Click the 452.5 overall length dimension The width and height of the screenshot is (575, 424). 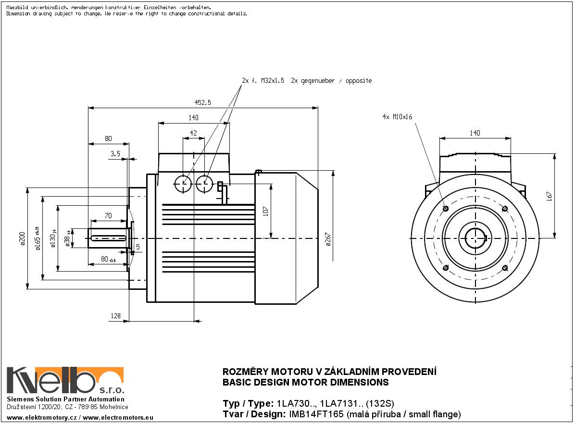point(203,102)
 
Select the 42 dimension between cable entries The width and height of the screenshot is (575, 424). point(193,133)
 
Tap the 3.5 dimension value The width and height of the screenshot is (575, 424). point(115,154)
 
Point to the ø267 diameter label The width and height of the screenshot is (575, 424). point(328,239)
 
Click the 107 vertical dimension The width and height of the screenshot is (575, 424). point(265,211)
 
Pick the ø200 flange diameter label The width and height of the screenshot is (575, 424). point(22,238)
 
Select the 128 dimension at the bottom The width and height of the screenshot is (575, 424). point(115,316)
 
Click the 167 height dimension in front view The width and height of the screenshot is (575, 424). point(550,196)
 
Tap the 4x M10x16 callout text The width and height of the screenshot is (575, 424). point(398,117)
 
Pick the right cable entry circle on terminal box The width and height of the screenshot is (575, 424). point(205,183)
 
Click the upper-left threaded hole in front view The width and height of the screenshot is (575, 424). point(446,208)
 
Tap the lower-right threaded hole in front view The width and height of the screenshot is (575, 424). point(505,267)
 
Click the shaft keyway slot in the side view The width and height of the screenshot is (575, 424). point(109,237)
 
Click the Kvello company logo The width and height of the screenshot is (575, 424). point(65,380)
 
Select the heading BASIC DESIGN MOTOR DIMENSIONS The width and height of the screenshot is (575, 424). point(305,383)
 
